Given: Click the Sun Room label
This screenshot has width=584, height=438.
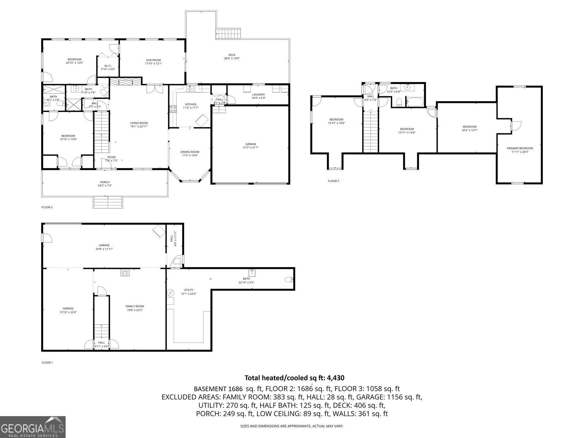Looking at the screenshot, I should [x=153, y=60].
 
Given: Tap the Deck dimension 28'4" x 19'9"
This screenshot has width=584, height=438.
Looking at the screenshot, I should [x=232, y=58].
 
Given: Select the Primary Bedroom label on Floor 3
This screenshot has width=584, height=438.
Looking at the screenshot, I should [x=520, y=148].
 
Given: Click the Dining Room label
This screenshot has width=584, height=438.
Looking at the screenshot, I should [x=190, y=152].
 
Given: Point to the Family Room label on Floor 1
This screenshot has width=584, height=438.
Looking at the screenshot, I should [x=135, y=306].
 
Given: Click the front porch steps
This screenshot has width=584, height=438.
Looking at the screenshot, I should [x=108, y=202].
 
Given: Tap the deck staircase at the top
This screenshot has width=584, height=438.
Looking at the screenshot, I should [x=228, y=34].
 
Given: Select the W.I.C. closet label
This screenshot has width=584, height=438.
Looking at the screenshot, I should [x=103, y=66].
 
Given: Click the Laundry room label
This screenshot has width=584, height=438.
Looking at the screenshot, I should [x=258, y=95].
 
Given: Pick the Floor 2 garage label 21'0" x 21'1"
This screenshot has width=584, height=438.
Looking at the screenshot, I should [x=250, y=147].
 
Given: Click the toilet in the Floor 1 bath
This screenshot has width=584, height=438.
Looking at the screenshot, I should [x=288, y=280].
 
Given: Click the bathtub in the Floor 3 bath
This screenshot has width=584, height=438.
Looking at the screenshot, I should [x=415, y=102].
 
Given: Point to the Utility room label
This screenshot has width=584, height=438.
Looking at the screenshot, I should [x=189, y=290].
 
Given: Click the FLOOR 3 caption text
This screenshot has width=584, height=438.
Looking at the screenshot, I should [x=333, y=181].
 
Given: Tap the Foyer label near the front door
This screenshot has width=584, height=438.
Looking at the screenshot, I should [x=111, y=157].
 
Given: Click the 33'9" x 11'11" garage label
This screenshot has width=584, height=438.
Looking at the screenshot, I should [x=104, y=249].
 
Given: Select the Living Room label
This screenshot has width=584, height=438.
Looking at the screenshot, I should [x=139, y=123].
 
